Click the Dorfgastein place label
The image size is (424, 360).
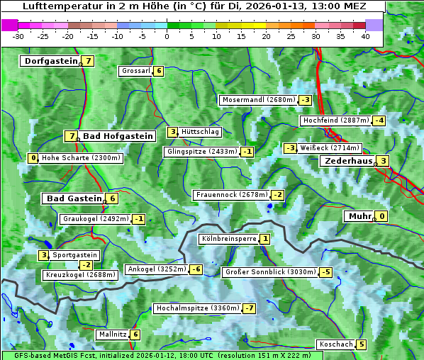point(50,61)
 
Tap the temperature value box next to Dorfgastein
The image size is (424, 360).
point(89,61)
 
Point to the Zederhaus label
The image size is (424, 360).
point(348,161)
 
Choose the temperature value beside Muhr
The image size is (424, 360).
point(382,216)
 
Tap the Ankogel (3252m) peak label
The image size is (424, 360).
point(156,269)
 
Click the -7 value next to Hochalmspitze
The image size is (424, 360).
point(249,308)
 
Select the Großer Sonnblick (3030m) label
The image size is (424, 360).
point(269,272)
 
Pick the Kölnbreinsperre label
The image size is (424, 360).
point(228,239)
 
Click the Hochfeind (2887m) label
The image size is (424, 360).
point(336,120)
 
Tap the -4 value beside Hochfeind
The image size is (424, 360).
point(379,120)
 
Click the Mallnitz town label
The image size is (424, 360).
point(112,334)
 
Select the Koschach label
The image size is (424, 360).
point(335,344)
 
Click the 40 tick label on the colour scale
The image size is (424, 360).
point(365,36)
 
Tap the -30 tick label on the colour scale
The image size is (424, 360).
point(18,36)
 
